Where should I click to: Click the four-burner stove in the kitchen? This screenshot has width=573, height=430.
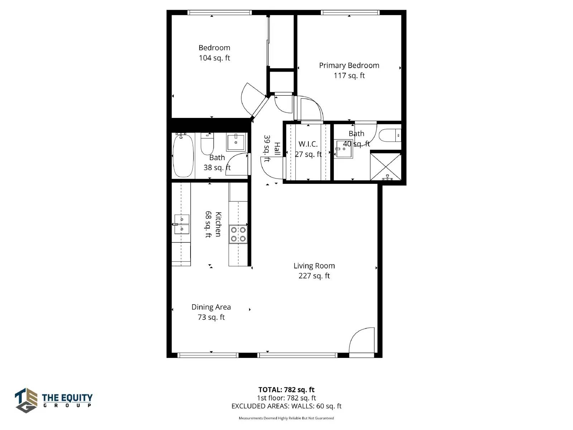coord(238,234)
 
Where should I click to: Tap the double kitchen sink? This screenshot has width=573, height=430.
coord(182,224)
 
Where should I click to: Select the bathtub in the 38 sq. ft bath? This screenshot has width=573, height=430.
coord(183,156)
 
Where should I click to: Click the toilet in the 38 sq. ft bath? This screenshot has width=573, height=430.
coord(207,144)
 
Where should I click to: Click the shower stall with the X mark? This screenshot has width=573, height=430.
coord(386,167)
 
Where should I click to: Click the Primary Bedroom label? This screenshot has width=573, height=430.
coord(349,66)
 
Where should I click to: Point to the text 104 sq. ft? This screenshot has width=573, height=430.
coord(214,58)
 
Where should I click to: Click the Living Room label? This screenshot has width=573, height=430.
coord(314,266)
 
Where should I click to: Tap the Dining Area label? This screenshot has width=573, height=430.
coord(211,307)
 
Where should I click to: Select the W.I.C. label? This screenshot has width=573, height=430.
coord(308,144)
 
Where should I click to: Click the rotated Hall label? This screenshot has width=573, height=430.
coord(277,149)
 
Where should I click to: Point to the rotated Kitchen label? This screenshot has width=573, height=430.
coord(218,224)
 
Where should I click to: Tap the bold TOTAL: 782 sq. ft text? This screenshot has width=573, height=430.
coord(286,390)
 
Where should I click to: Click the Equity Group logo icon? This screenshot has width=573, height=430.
coord(26,400)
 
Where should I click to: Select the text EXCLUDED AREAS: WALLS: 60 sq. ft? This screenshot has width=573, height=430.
coord(286,406)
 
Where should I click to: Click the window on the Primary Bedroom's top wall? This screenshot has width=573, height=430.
coord(350,13)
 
